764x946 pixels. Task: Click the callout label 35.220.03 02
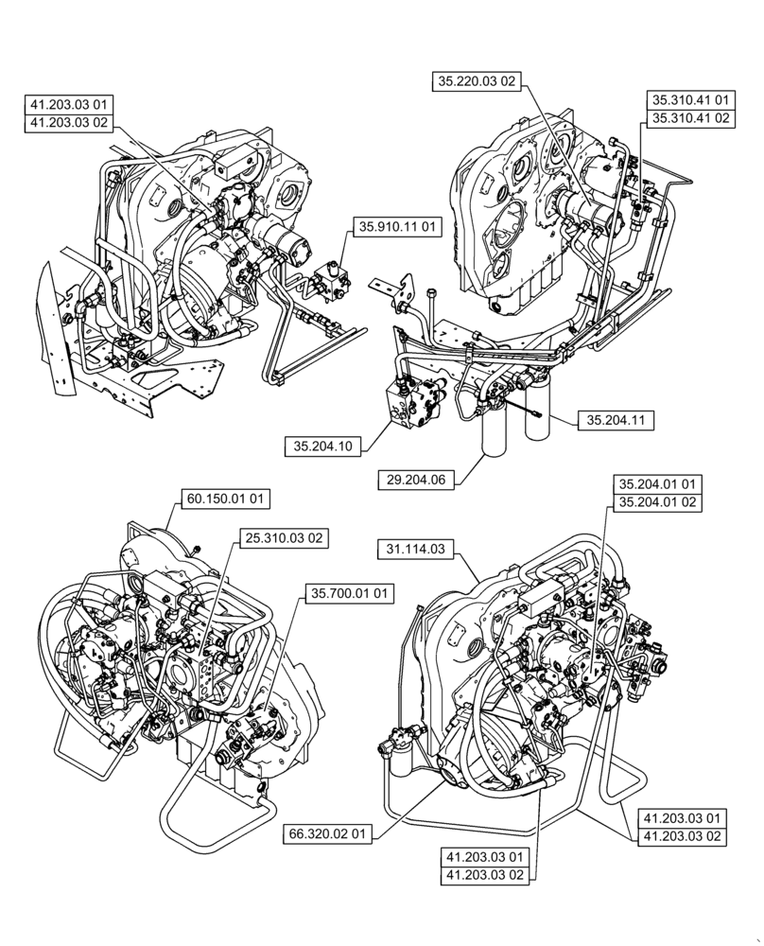[477, 81]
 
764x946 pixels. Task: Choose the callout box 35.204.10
[324, 447]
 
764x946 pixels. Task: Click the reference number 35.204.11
[614, 416]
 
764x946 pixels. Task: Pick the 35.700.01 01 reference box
[349, 594]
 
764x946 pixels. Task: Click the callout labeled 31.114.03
[418, 547]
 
